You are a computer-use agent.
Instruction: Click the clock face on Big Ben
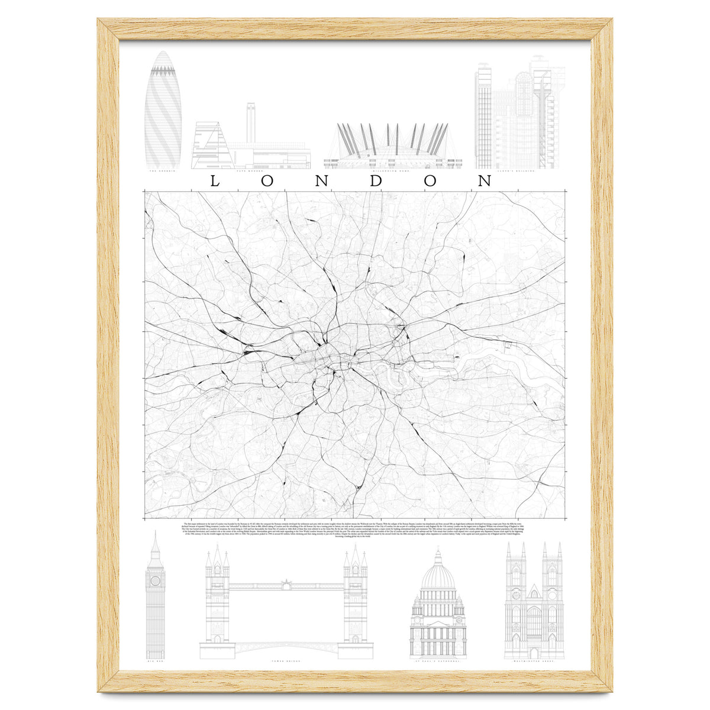coord(155,581)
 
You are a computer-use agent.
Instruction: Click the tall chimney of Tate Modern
coord(250,122)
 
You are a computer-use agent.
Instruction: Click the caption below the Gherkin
coord(163,172)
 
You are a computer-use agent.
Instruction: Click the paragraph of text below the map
coord(355,530)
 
